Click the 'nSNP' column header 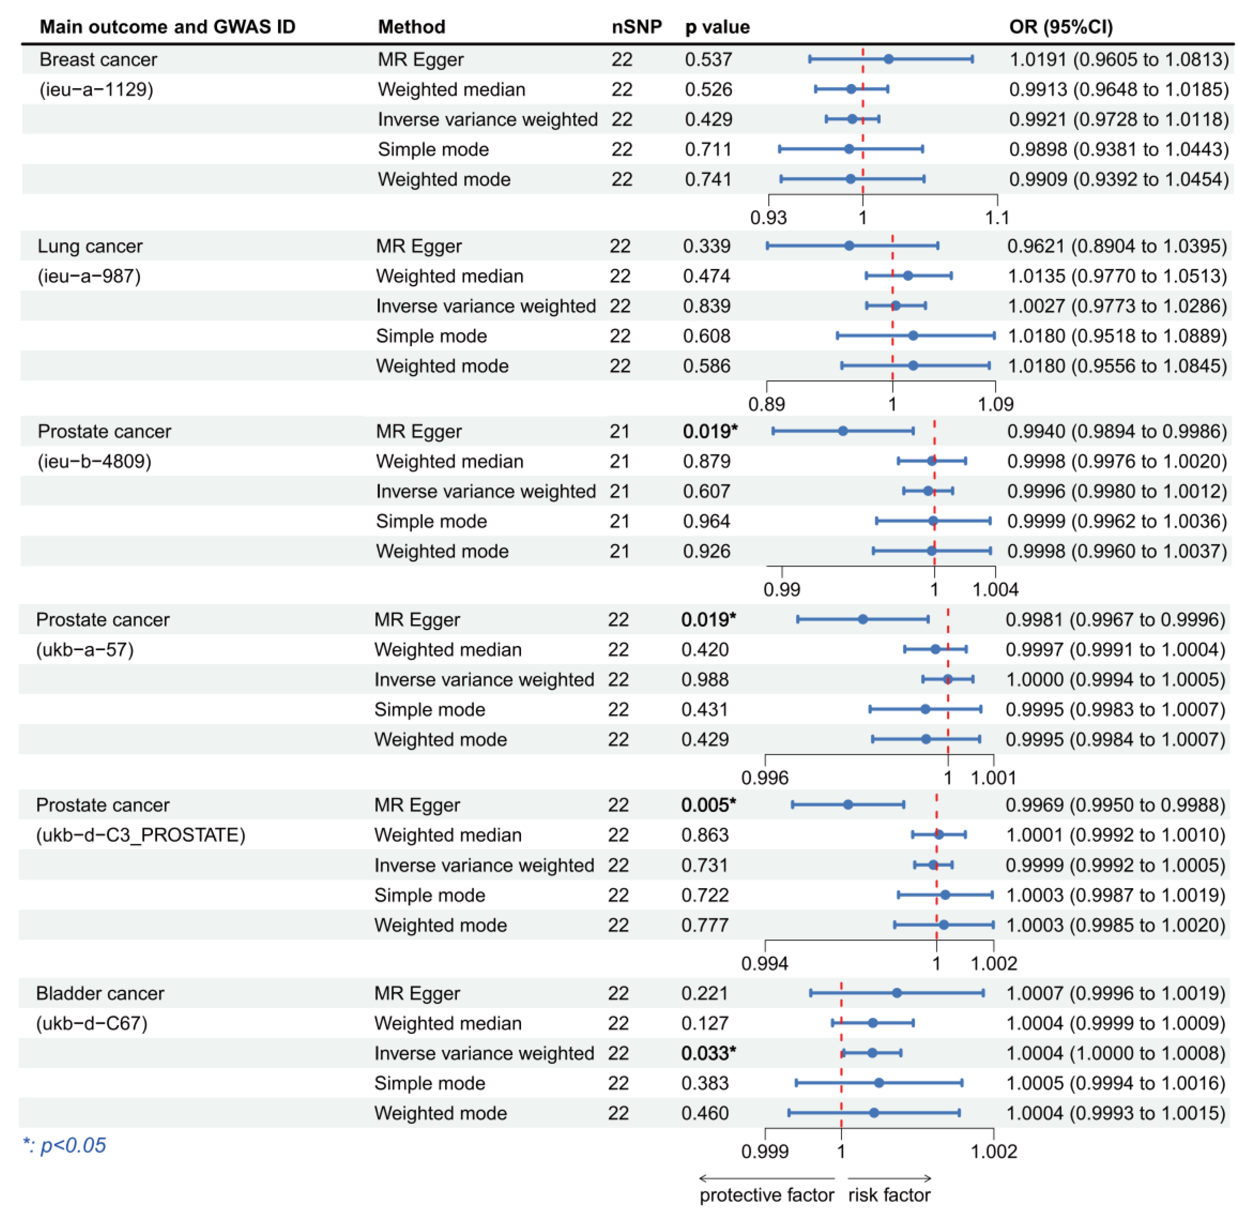636,27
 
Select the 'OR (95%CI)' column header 1061,27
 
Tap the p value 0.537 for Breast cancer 708,60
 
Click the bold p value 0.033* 708,1053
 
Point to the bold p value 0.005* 708,805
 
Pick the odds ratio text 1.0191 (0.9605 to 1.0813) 1119,60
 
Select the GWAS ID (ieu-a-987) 89,276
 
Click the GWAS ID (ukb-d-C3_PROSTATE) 141,835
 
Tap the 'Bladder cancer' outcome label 100,993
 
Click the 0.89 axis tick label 766,404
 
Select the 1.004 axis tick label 995,589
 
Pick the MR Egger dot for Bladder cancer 897,993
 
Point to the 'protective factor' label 766,1195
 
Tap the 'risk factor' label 889,1195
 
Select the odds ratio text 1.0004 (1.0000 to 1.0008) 1115,1053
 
